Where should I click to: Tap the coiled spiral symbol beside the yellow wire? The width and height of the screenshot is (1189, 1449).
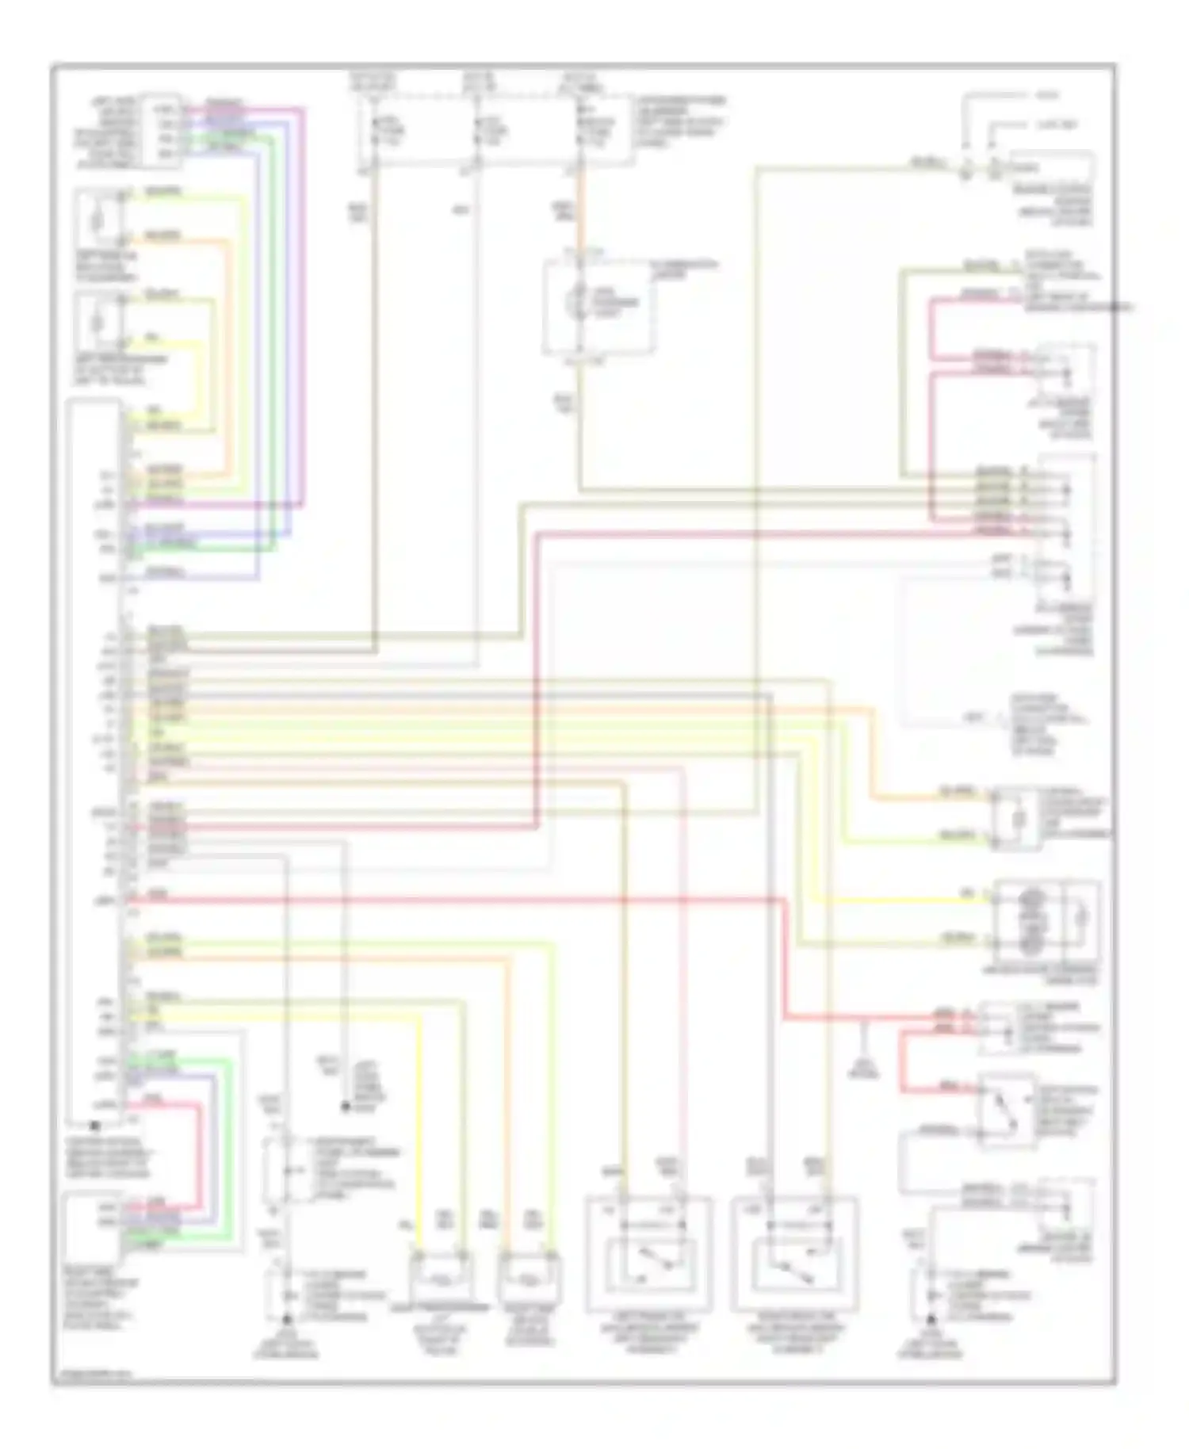(1030, 919)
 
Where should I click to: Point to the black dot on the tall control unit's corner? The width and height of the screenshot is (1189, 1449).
(95, 1125)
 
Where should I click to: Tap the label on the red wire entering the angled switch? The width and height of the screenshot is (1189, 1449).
(947, 1086)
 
